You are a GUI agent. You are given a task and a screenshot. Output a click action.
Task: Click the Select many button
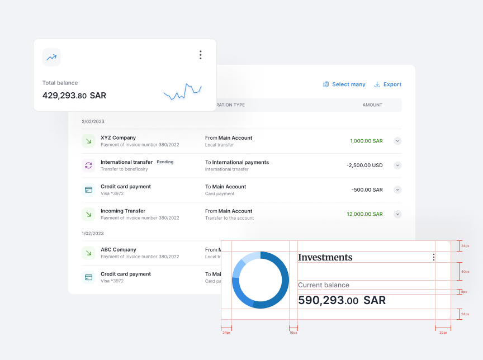(x=344, y=84)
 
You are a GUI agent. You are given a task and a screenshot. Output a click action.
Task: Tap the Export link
(x=388, y=84)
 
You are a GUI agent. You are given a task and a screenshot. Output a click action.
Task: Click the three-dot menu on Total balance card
(x=200, y=55)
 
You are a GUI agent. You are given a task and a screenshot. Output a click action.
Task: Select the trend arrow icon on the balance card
(x=51, y=57)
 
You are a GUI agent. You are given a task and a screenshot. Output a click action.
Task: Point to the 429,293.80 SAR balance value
(x=74, y=96)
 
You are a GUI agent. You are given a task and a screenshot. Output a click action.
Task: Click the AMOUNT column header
(x=372, y=105)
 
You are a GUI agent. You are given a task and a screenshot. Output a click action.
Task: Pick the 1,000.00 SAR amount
(x=366, y=141)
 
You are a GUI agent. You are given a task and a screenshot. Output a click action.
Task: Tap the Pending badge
(x=165, y=162)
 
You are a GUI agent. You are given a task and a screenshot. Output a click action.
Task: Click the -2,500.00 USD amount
(x=364, y=165)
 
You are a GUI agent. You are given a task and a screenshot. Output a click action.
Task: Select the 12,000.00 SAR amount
(x=364, y=214)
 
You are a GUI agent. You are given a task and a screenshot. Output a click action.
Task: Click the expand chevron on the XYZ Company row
(x=397, y=141)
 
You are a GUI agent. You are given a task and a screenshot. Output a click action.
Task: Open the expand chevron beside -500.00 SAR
(x=397, y=190)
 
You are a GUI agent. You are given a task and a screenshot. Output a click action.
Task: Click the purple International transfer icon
(x=88, y=165)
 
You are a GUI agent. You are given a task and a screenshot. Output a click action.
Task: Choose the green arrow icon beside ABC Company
(x=88, y=253)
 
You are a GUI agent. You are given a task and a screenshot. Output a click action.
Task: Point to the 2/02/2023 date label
(x=93, y=121)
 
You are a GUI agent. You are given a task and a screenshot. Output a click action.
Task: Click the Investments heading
(x=325, y=257)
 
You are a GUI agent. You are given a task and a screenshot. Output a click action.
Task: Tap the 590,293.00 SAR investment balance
(x=342, y=300)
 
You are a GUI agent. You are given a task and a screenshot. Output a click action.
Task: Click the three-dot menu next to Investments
(x=433, y=257)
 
